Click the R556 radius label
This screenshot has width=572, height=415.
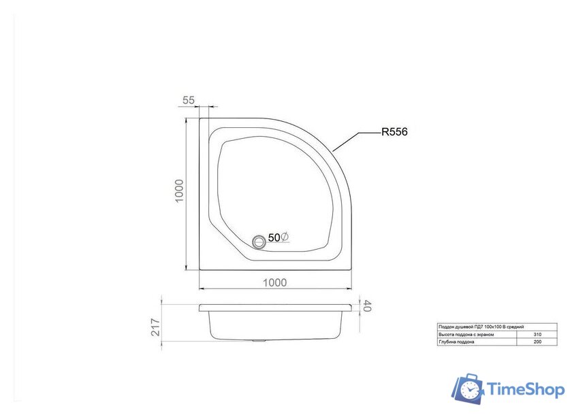[x=394, y=133]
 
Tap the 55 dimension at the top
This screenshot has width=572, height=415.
[x=189, y=100]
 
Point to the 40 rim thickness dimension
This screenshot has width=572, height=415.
[x=366, y=307]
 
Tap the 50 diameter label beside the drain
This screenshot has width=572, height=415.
[x=279, y=237]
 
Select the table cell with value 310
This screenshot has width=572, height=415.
[x=538, y=335]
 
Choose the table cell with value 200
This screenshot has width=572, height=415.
[x=538, y=342]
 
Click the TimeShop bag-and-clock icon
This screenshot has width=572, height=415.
[x=469, y=388]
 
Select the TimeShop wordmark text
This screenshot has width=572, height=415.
[x=524, y=390]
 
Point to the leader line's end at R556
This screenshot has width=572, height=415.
[x=379, y=133]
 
